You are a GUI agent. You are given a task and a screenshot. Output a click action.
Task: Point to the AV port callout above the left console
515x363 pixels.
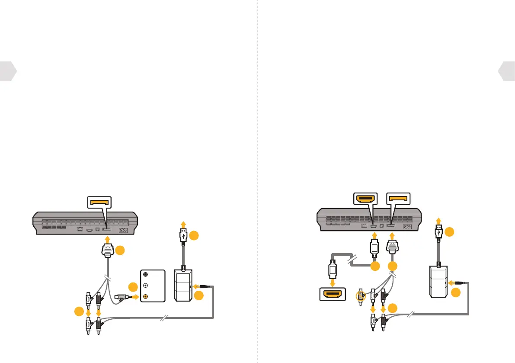point(102,202)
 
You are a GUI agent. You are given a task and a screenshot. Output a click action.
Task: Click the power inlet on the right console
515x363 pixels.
point(407,226)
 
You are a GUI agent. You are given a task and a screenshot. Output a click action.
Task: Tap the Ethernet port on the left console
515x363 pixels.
point(80,229)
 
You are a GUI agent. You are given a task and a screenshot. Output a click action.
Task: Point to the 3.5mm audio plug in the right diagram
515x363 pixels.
point(460,283)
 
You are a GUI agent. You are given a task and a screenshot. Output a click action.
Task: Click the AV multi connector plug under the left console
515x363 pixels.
point(108,251)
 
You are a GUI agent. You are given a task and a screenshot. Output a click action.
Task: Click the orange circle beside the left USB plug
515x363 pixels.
point(194,236)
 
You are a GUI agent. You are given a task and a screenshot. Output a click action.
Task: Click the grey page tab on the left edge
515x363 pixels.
point(8,71)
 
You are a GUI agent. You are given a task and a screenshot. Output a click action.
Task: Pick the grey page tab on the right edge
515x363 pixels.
point(507,71)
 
